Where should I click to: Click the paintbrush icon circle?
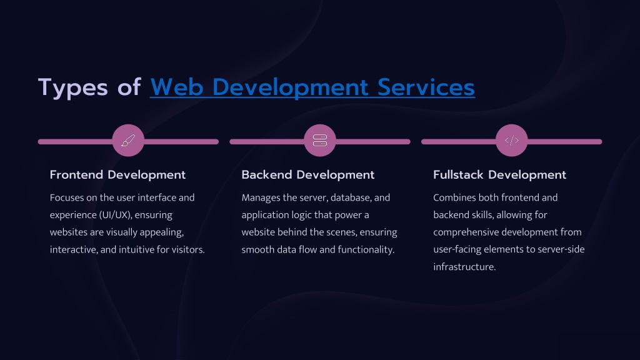click(128, 141)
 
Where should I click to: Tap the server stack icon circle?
click(320, 141)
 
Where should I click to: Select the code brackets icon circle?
click(512, 141)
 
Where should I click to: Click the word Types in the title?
click(73, 87)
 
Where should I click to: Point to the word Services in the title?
click(426, 87)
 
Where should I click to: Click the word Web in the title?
click(177, 87)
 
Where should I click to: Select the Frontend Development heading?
click(117, 175)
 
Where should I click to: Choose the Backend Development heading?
click(307, 175)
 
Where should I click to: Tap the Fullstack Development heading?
click(499, 175)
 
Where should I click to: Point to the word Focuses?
click(67, 197)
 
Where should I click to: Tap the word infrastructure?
click(464, 267)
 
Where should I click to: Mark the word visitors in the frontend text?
click(188, 249)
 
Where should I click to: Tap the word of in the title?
click(129, 87)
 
